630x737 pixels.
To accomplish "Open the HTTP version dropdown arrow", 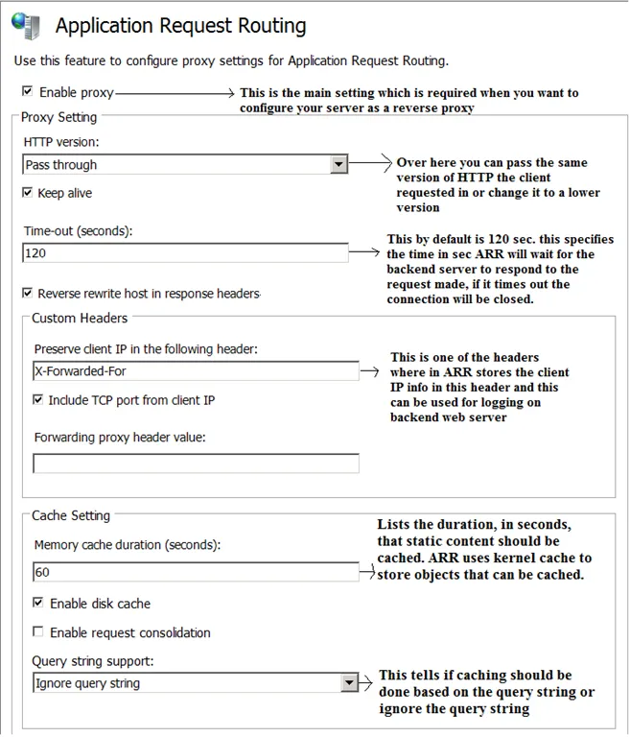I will coord(338,165).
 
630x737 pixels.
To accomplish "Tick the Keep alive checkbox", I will coord(27,193).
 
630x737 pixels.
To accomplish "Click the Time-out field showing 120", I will coord(185,253).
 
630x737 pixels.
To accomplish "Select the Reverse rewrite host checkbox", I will coord(27,293).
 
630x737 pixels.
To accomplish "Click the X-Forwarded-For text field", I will coord(195,370).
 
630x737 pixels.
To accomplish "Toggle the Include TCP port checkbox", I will coord(39,399).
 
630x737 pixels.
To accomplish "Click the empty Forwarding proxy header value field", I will coord(195,464).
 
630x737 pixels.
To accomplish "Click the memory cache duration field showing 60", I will coord(195,572).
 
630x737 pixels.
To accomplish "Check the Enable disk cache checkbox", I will coord(39,604).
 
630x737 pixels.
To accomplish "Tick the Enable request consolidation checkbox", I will coord(39,632).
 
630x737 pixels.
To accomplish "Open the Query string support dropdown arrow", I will coord(349,683).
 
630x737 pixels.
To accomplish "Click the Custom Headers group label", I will coord(80,318).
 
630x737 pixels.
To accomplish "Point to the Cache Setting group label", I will coord(71,515).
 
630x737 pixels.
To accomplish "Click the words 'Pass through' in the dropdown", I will coord(61,165).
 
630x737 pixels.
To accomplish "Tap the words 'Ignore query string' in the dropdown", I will coord(87,683).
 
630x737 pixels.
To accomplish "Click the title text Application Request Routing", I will coord(181,26).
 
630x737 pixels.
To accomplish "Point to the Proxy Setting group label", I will coord(59,117).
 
